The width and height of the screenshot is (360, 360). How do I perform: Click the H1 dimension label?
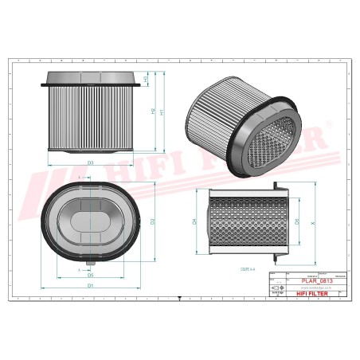click(162, 112)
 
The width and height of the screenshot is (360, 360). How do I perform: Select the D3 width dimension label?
click(91, 162)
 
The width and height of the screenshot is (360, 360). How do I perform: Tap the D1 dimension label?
click(91, 284)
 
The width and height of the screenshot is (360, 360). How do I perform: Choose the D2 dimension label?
click(151, 221)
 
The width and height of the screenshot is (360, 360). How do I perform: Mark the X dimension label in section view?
click(313, 222)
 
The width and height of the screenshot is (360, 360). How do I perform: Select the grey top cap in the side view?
click(91, 77)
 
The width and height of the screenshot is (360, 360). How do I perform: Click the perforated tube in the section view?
click(242, 222)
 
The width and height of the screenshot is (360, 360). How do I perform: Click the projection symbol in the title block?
click(278, 292)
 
